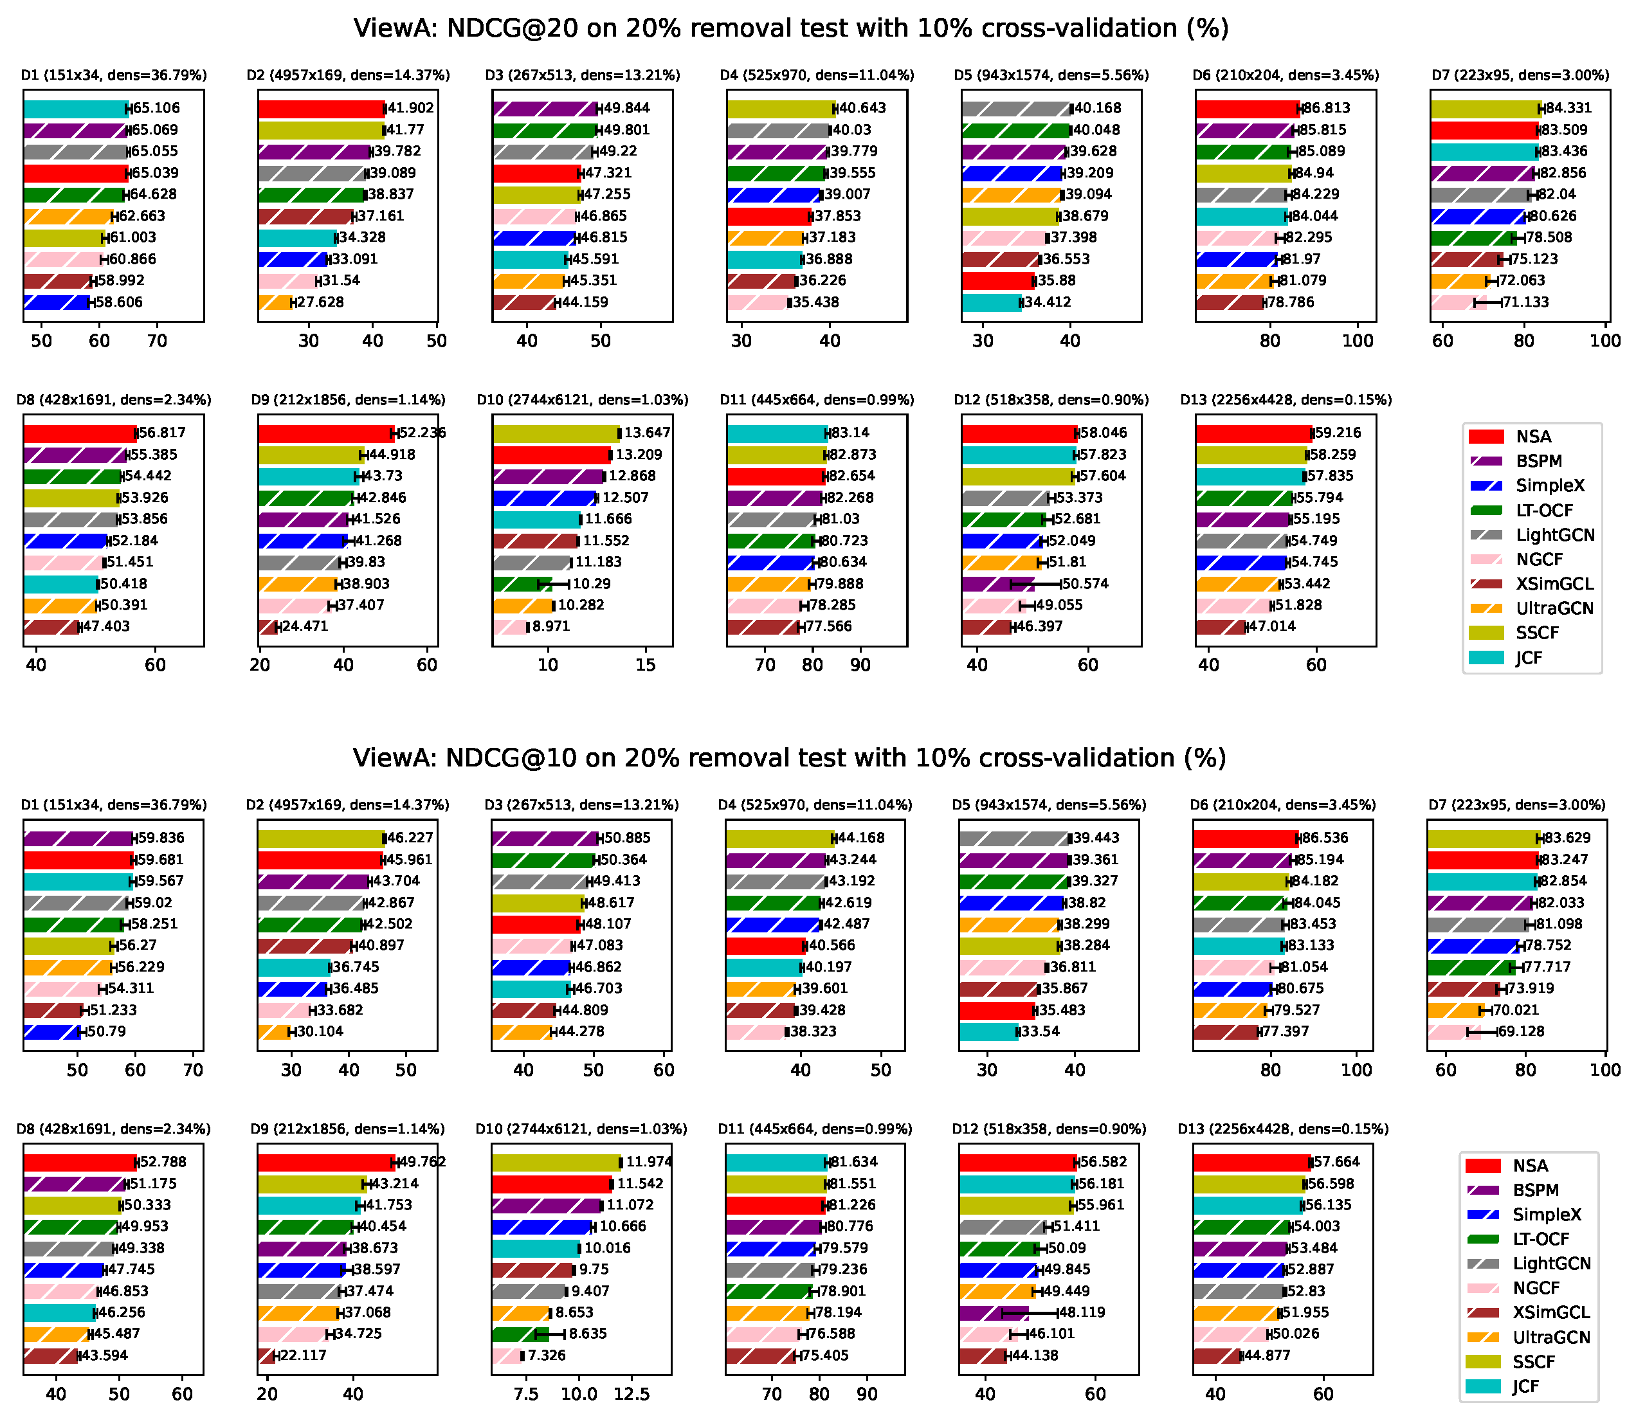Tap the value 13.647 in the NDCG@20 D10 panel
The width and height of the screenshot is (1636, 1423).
[647, 433]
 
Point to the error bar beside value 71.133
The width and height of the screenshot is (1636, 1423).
[1487, 302]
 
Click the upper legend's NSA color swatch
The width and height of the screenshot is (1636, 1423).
[1486, 437]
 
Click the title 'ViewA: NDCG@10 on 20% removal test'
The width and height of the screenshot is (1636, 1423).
[790, 757]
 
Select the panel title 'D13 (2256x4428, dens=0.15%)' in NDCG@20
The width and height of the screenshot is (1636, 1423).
[1286, 399]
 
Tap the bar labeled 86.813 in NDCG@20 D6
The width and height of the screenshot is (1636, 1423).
[1247, 108]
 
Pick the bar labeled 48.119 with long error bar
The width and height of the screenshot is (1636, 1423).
[994, 1312]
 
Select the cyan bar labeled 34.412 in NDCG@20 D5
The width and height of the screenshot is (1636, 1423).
[991, 302]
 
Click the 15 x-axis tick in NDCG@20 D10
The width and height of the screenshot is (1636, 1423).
[646, 665]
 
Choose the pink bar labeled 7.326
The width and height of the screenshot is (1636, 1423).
[507, 1355]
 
